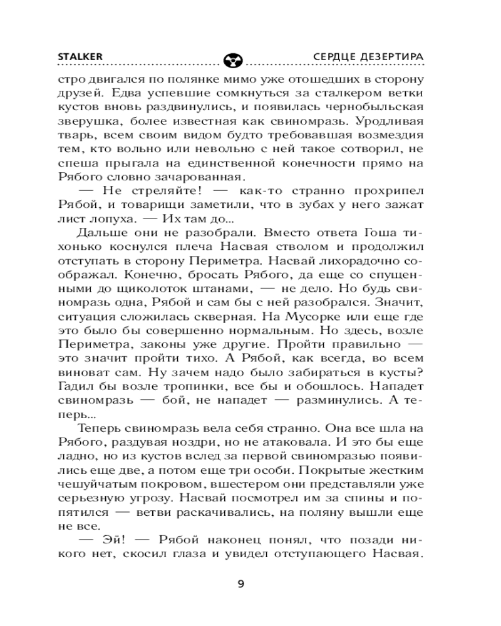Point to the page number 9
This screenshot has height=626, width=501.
pyautogui.click(x=241, y=585)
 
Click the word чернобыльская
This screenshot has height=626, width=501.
pyautogui.click(x=380, y=107)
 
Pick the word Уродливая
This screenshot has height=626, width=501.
pyautogui.click(x=386, y=121)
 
